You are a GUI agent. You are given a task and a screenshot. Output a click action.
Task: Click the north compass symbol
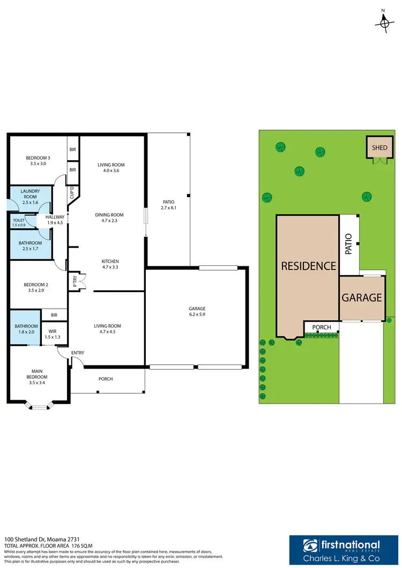pos(384,21)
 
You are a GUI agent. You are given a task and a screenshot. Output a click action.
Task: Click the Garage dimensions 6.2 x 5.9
pos(197,316)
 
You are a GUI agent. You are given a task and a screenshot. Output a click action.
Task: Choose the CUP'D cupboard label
pos(72,192)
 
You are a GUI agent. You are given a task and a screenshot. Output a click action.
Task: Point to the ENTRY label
pos(77,353)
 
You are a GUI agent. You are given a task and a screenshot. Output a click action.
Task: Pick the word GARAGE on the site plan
pos(362,297)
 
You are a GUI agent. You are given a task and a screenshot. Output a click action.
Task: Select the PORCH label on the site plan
pos(322,327)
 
